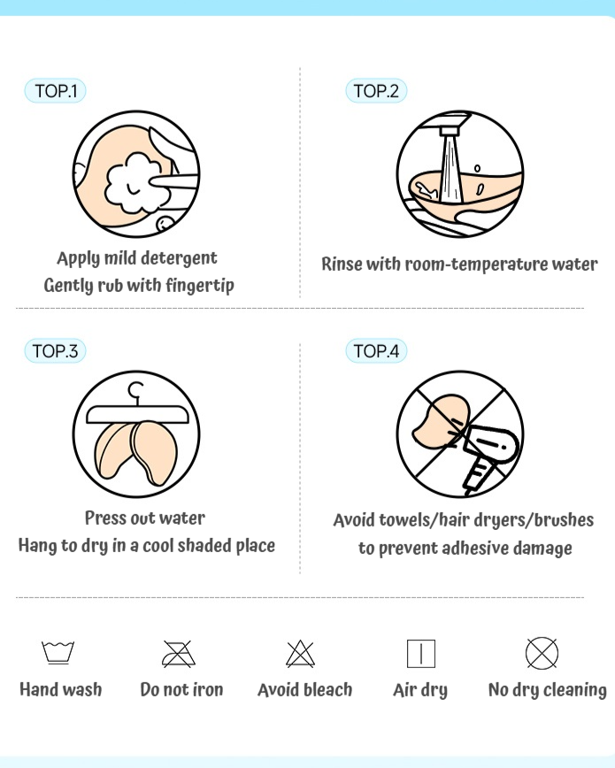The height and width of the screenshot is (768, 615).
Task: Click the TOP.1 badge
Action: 56,90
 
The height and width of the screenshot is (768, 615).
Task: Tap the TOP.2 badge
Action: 376,90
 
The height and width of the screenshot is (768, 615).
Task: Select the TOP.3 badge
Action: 56,350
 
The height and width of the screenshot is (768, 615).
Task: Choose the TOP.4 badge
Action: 376,350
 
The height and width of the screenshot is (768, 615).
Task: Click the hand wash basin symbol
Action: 58,652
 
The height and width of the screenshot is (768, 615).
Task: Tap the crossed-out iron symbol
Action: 179,654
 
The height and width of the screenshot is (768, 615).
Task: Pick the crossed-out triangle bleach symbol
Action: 300,654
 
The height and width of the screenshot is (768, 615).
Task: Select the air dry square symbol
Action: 421,653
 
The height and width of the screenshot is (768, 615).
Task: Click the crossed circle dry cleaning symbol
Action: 542,653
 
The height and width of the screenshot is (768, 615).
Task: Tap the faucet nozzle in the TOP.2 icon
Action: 449,131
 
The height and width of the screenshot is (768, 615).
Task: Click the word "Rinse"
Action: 342,264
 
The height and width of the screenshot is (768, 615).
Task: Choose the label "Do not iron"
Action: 181,689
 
